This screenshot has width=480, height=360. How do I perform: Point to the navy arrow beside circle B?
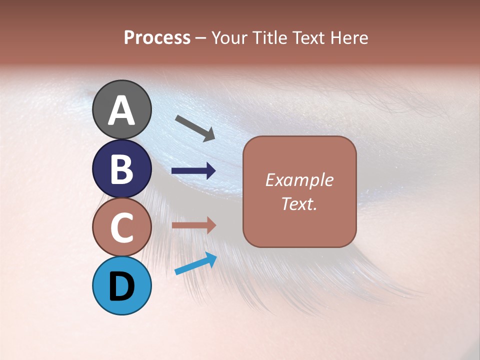(193, 171)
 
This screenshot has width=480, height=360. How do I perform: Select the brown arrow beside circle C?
(193, 225)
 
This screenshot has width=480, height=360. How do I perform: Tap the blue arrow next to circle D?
(195, 264)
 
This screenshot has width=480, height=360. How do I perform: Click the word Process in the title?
(157, 37)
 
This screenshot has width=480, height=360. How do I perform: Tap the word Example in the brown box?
(299, 180)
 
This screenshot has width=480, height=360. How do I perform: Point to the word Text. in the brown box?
(299, 204)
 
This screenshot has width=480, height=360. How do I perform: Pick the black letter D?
(121, 286)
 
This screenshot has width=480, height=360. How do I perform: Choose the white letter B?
(121, 169)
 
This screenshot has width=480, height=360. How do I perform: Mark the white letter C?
(121, 227)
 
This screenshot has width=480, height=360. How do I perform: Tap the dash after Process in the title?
(200, 38)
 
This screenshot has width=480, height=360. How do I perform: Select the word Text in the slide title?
(308, 37)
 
